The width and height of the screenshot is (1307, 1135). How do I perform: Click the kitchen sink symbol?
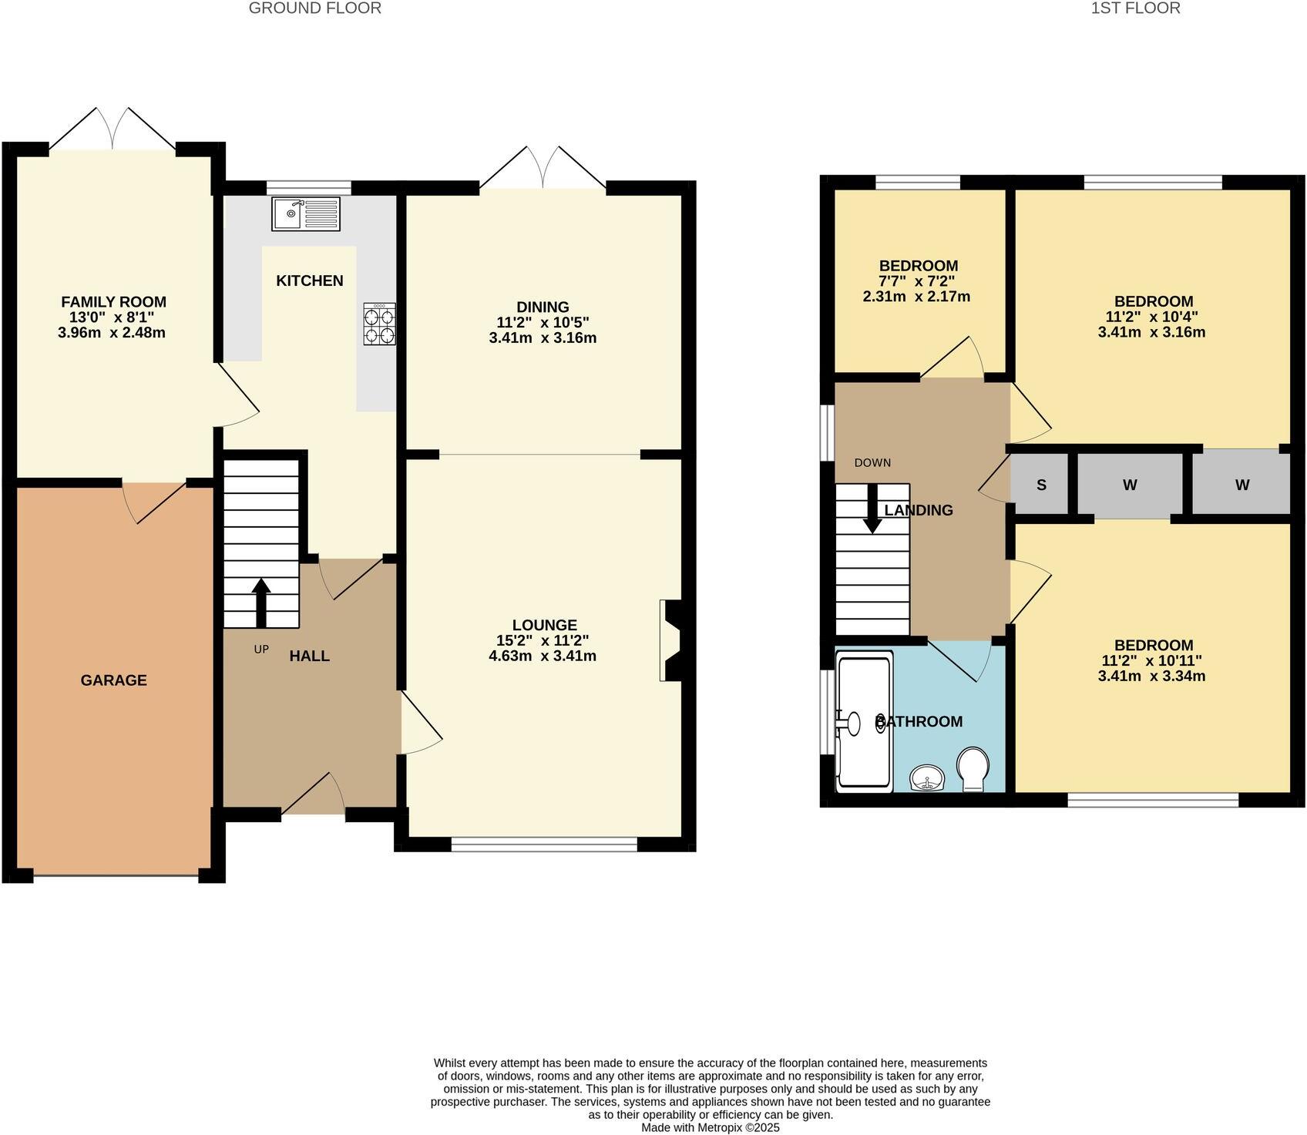tap(305, 213)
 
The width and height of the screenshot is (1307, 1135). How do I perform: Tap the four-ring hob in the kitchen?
tap(379, 324)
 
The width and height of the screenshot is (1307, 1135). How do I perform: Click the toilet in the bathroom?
tap(973, 768)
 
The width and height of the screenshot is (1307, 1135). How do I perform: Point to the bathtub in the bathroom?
tap(864, 722)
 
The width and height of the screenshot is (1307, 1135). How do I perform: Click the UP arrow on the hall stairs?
tap(261, 602)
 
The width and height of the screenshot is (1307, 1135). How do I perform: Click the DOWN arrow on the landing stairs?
tap(872, 509)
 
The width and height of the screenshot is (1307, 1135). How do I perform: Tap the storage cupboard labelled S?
tap(1041, 485)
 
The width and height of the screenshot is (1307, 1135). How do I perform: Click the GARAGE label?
tap(113, 680)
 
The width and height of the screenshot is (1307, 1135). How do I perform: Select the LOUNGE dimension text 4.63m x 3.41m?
tap(543, 656)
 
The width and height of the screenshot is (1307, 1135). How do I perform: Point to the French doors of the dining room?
tap(543, 168)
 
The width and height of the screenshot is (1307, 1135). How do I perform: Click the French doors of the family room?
tap(113, 129)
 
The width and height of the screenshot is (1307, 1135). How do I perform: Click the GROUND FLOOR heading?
tap(314, 8)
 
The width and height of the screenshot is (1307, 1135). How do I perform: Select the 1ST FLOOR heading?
tap(1135, 8)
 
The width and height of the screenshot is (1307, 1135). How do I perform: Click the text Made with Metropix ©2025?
tap(710, 1127)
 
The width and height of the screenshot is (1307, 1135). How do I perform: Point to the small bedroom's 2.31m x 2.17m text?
tap(916, 297)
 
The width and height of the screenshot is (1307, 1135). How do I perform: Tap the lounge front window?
tap(544, 845)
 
